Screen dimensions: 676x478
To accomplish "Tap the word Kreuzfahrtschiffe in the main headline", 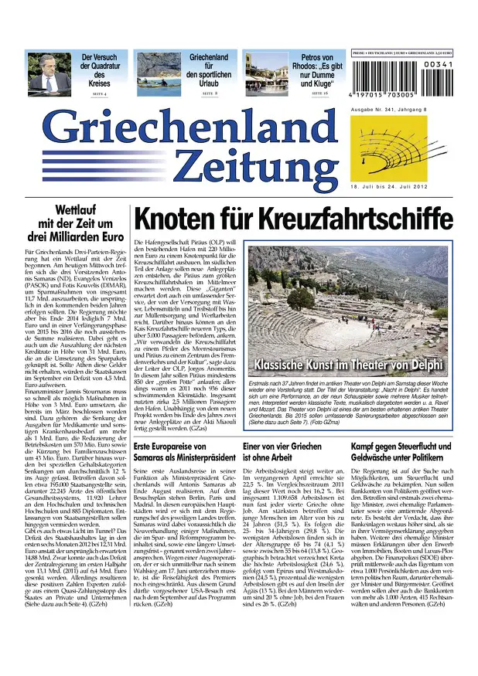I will tap(340, 219).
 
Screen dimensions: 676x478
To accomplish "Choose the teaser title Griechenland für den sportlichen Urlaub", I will tap(208, 68).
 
